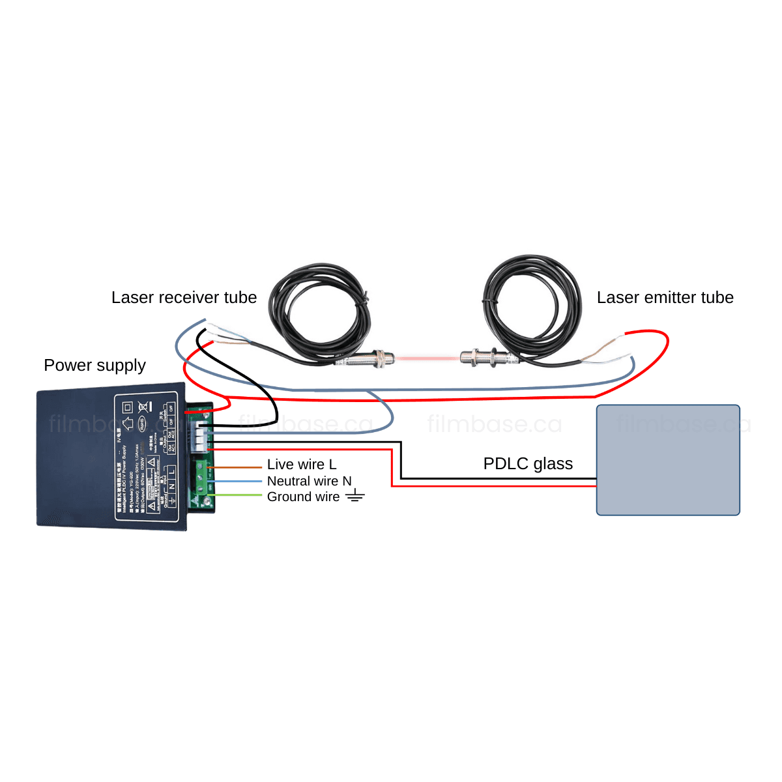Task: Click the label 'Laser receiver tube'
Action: coord(184,298)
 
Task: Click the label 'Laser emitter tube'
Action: coord(665,298)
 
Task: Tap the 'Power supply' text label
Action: coord(94,366)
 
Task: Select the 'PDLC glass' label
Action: coord(528,463)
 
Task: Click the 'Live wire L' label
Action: coord(302,465)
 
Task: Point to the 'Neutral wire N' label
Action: coord(309,481)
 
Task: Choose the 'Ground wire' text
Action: coord(303,497)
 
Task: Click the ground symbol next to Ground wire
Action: coord(355,497)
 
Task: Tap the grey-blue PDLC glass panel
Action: coord(668,460)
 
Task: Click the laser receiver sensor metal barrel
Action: coord(369,358)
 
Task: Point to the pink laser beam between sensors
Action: coord(427,357)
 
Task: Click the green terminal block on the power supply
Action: coord(201,482)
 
